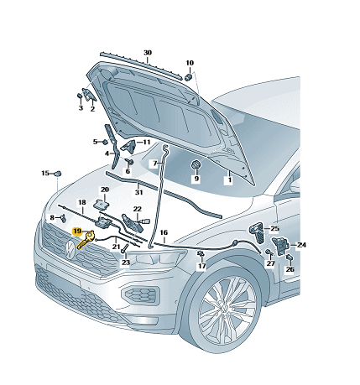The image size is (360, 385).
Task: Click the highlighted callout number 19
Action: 77,232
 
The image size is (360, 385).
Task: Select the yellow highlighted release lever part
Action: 86,240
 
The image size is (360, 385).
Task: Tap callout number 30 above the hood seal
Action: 148,53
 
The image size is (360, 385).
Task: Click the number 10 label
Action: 190,63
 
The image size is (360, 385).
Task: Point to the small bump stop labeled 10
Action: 188,76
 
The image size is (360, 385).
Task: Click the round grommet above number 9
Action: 196,164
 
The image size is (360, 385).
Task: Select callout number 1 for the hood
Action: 229,179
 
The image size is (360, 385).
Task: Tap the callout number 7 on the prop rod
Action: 155,163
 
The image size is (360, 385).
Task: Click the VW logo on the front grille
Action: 69,249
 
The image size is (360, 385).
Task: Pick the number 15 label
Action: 45,174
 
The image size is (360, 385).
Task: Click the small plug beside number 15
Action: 58,174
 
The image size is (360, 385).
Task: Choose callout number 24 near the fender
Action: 301,245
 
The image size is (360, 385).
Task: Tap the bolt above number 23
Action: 124,248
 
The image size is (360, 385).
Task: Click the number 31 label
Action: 139,192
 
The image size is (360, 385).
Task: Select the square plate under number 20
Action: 102,204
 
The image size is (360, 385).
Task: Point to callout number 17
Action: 201,266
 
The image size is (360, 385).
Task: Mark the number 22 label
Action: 138,209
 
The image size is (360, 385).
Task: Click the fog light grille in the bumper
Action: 139,294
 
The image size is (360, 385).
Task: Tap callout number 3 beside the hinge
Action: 81,108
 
